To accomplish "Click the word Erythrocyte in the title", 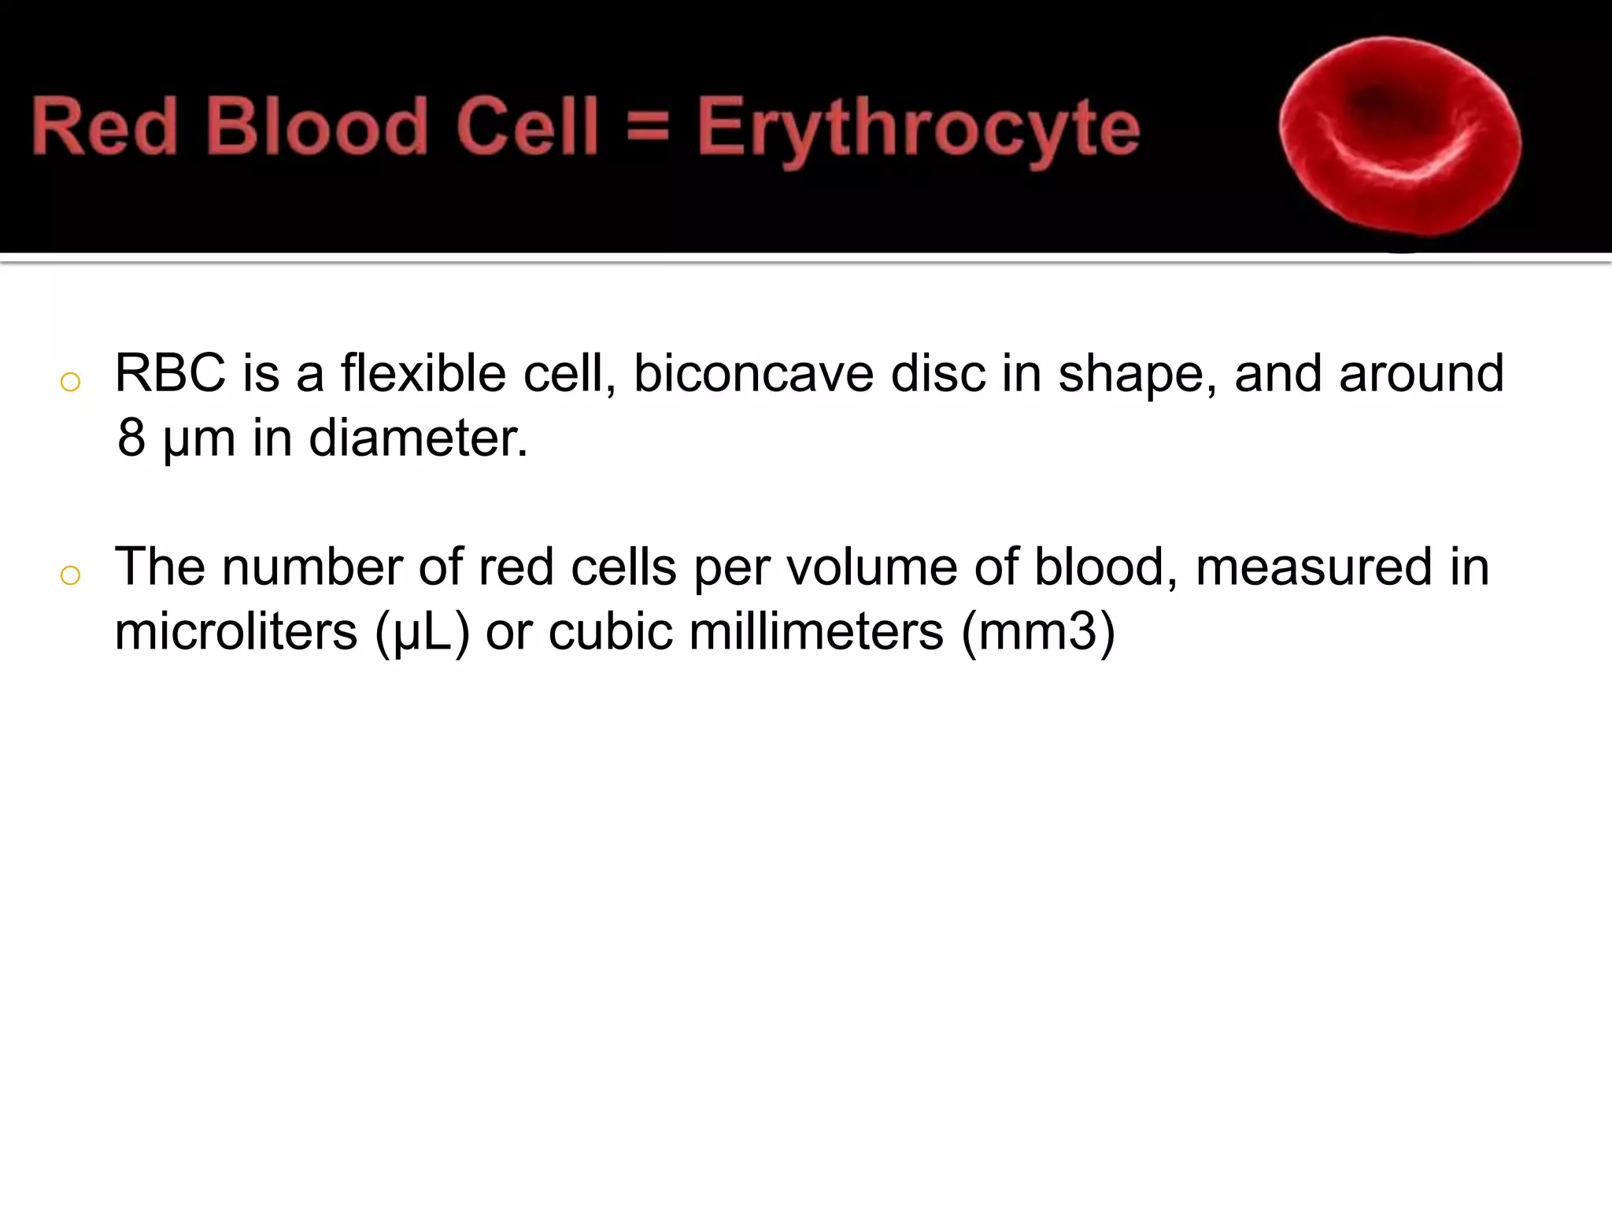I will (x=918, y=128).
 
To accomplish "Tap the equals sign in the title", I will (x=648, y=128).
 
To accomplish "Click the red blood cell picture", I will (x=1399, y=136).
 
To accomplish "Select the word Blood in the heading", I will (x=316, y=127).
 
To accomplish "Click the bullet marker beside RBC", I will (x=70, y=382).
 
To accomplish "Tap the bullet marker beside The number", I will (x=70, y=575).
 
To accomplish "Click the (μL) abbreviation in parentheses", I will (x=422, y=633).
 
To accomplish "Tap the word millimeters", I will (x=816, y=631).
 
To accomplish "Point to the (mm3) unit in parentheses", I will (x=1038, y=633).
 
